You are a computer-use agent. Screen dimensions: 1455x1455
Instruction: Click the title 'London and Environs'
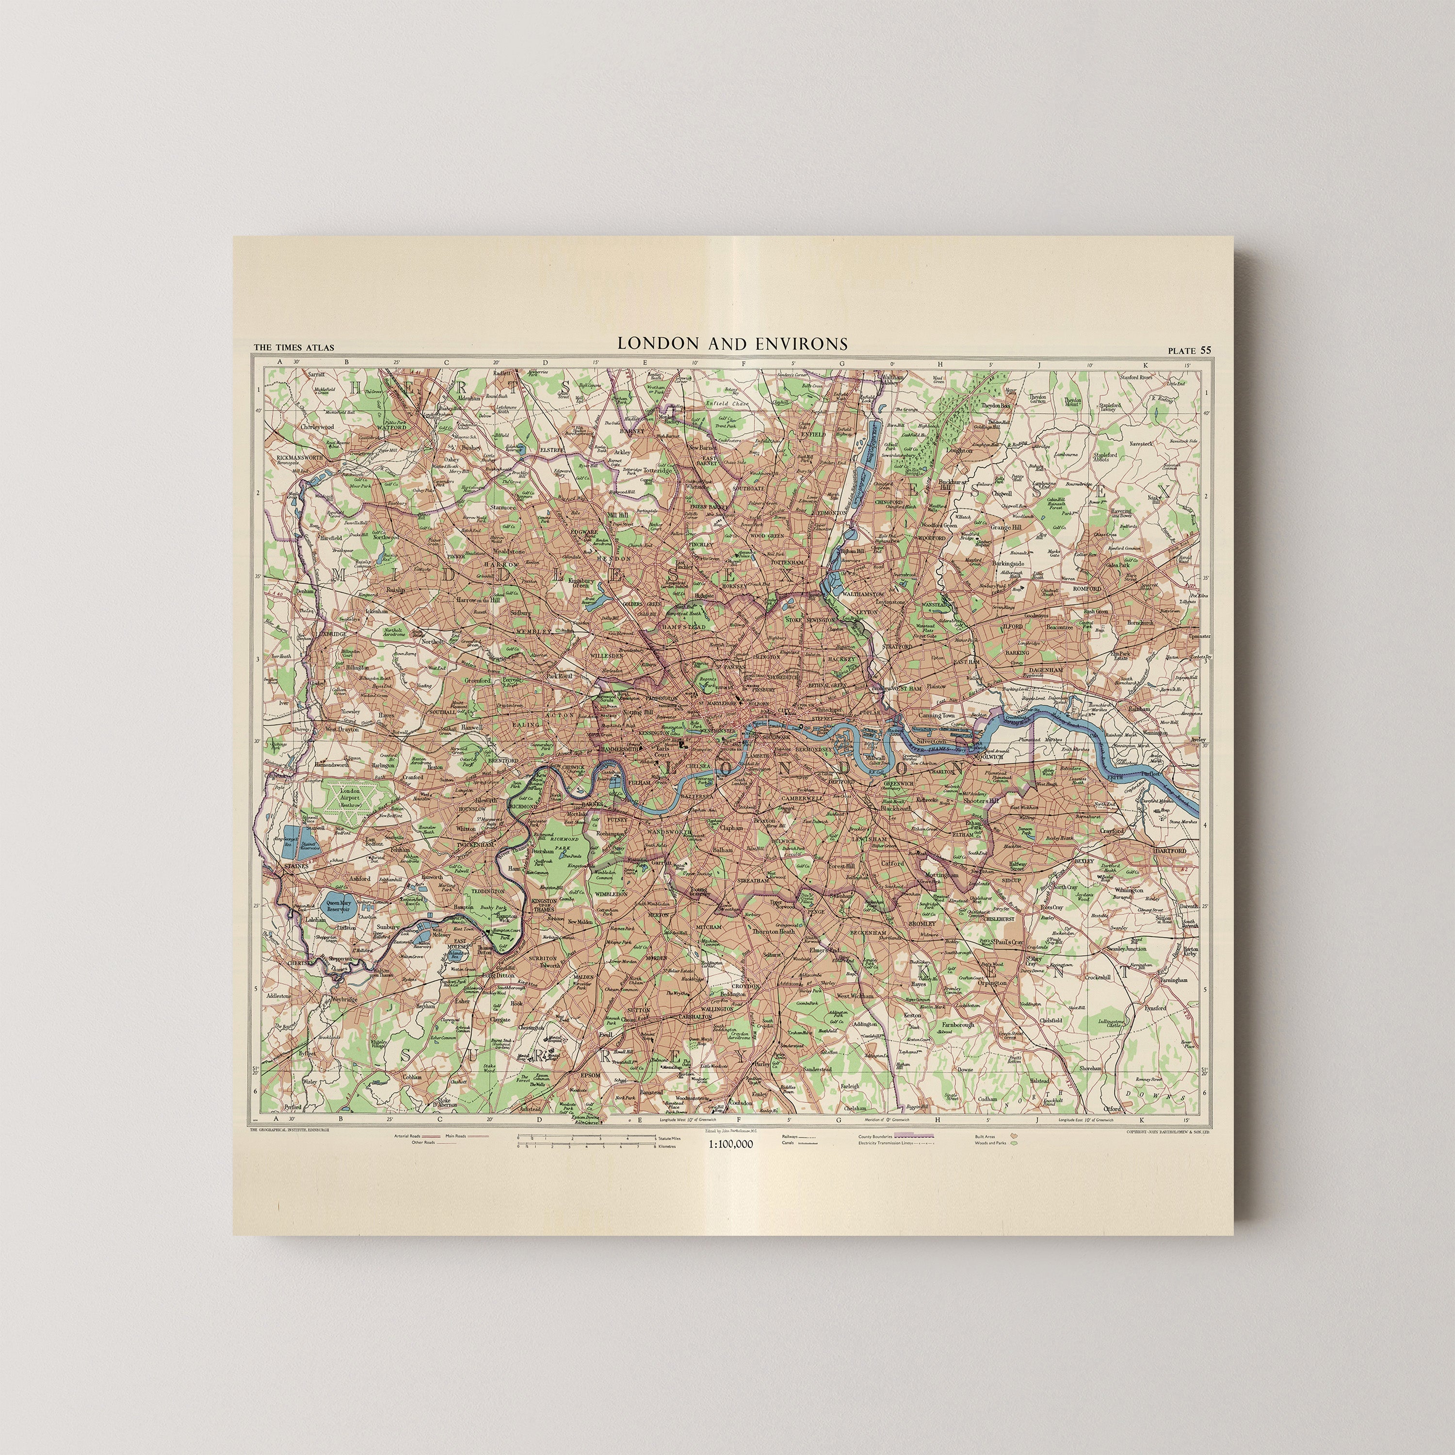[732, 343]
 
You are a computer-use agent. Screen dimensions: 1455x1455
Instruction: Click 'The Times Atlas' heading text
[294, 348]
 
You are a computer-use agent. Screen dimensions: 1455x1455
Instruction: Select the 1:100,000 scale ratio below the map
[730, 1143]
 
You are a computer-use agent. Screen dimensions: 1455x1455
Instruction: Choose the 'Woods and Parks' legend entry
[991, 1143]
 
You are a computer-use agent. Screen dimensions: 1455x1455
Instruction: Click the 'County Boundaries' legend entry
[876, 1136]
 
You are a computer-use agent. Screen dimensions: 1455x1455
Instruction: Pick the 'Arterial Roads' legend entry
[407, 1136]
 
